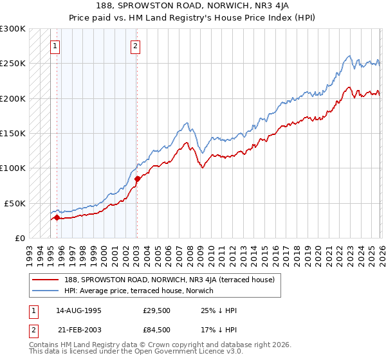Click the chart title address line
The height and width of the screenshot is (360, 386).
click(192, 6)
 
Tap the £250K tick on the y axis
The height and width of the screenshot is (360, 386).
click(13, 64)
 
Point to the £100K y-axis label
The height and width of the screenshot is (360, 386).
click(13, 168)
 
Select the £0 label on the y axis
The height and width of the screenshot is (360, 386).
click(20, 238)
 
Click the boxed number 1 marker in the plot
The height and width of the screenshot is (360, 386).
click(55, 46)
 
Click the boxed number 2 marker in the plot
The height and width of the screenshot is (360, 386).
click(136, 46)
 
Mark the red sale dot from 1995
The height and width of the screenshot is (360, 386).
click(57, 217)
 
